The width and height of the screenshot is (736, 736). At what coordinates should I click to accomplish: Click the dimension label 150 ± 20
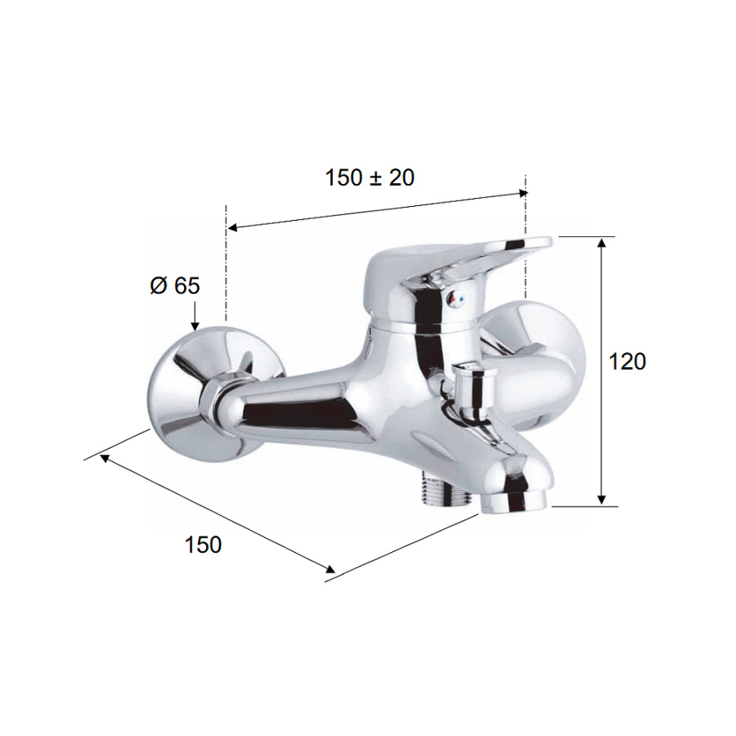(x=370, y=178)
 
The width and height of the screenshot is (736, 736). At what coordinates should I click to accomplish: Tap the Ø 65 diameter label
(x=175, y=285)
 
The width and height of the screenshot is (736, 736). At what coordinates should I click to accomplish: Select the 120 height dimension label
(x=627, y=361)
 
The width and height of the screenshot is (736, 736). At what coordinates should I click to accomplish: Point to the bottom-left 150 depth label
(x=204, y=545)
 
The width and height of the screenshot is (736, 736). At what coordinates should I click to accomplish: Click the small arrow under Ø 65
(x=195, y=316)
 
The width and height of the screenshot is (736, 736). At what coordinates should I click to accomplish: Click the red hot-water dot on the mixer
(x=451, y=298)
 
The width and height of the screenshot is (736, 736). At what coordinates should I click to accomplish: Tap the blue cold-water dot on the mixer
(x=464, y=298)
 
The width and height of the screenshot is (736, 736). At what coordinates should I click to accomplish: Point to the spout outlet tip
(x=514, y=501)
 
